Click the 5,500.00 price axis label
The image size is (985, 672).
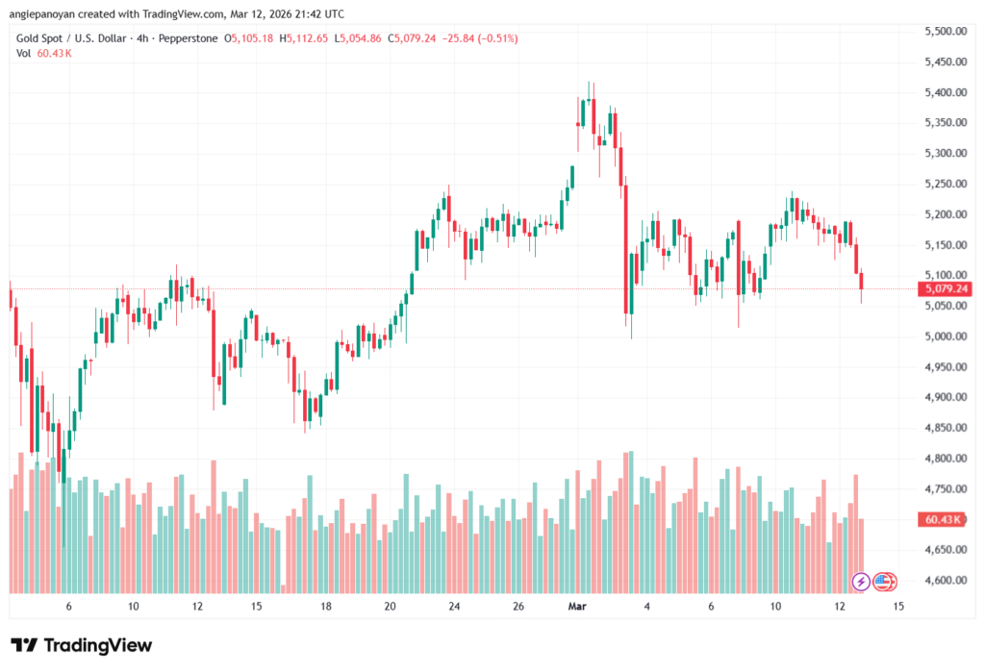click(945, 32)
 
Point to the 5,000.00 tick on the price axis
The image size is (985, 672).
click(945, 336)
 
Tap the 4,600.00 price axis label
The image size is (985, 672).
click(945, 581)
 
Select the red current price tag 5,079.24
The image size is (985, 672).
click(945, 288)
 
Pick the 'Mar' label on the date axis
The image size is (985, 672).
click(577, 607)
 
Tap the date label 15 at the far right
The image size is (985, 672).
click(898, 607)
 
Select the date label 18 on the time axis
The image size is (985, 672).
click(326, 607)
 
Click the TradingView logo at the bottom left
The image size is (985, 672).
click(81, 645)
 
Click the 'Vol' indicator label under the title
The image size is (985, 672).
click(24, 54)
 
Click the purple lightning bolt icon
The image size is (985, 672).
click(861, 581)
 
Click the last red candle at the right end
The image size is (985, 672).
click(862, 281)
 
